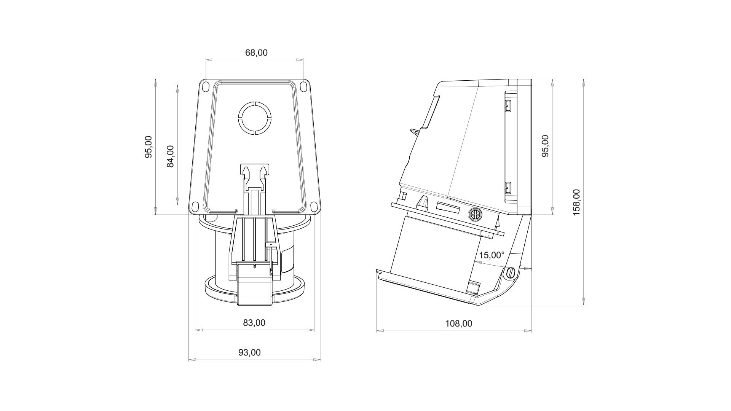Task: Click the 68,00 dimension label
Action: click(256, 53)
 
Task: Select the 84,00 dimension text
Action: click(170, 156)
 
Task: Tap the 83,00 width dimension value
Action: click(254, 323)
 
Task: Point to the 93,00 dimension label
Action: click(249, 352)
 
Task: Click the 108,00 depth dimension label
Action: click(459, 323)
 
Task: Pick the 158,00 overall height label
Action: click(576, 202)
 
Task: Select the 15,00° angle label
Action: click(492, 255)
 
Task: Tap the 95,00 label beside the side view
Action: click(545, 146)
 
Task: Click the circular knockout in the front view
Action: click(254, 118)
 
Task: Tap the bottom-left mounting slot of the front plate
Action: click(195, 207)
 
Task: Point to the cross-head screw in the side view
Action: click(475, 215)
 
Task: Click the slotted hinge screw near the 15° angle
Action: click(511, 272)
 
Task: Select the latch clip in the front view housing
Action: click(254, 177)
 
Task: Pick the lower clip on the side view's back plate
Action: click(508, 188)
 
